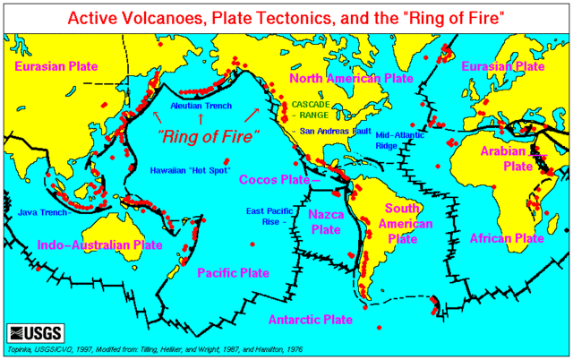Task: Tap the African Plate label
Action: pos(506,239)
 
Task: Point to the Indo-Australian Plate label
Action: pos(99,244)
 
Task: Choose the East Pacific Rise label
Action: pos(268,216)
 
